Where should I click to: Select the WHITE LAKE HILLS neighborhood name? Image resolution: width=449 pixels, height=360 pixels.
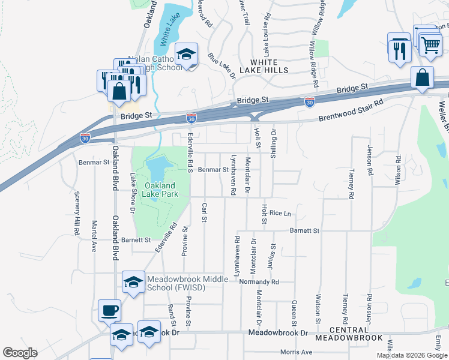coord(264,66)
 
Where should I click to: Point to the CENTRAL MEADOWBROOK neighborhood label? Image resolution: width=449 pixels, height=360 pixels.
coord(357,334)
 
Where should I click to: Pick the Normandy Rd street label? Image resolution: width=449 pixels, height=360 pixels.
coord(259,281)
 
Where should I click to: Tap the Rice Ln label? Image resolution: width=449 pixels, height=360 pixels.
coord(280,213)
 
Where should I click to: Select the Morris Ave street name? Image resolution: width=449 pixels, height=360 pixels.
coord(297,352)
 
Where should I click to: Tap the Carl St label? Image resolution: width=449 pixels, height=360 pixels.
coord(205,212)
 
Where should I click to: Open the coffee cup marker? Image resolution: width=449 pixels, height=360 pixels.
coord(109,311)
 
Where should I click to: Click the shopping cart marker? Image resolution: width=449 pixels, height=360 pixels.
coord(430,44)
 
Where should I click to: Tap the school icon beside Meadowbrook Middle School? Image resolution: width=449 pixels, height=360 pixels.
coord(133,281)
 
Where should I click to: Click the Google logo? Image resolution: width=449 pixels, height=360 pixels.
coord(20,353)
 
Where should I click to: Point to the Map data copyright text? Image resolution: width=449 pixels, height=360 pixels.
coord(411,355)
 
